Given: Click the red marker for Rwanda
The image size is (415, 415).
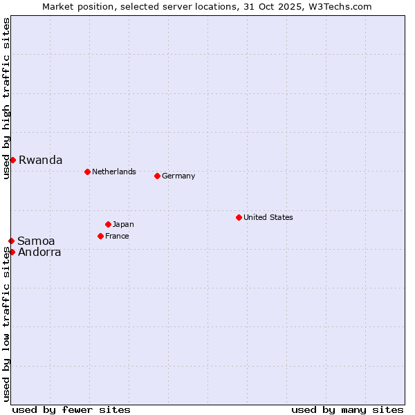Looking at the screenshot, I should tap(12, 160).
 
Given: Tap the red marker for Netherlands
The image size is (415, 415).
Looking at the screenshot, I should tap(87, 172).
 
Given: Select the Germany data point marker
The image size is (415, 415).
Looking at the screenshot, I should tap(157, 176).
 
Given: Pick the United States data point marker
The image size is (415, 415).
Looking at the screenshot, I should tap(239, 217).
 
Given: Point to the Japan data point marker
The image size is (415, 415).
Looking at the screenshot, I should tap(108, 224).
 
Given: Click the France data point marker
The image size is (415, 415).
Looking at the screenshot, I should tap(100, 236).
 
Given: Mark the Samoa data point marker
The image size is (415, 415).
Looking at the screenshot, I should tap(11, 241).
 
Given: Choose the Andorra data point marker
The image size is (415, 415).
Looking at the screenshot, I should tap(12, 252).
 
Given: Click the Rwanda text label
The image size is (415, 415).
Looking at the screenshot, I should tap(40, 160).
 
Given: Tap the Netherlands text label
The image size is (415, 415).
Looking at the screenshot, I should tap(113, 172).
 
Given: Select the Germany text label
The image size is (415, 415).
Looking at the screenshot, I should tap(178, 176).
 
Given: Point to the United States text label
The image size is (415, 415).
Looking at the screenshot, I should tap(268, 217).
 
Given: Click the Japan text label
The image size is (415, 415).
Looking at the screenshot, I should tap(123, 224).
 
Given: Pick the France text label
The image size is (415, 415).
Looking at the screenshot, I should tap(117, 236).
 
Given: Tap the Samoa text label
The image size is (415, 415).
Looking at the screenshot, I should tap(36, 241).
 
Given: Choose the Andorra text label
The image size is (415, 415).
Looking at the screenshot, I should tap(39, 252).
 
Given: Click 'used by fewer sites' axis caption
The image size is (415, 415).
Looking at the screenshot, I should tap(71, 409).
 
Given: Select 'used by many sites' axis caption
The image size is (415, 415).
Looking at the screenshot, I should tap(347, 409).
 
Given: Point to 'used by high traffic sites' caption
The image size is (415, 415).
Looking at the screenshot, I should tap(6, 99).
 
